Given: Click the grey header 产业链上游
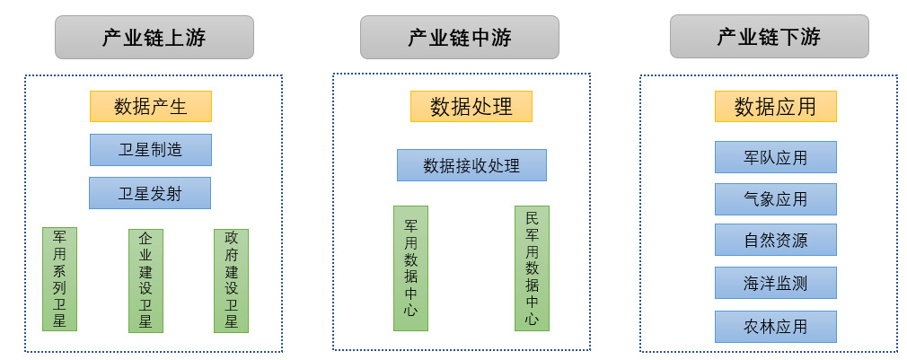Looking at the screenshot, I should pyautogui.click(x=154, y=38).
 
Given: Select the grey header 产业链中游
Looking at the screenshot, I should pyautogui.click(x=459, y=38).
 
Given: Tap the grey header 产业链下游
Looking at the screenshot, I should pyautogui.click(x=769, y=38).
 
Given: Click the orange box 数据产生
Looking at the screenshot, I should pyautogui.click(x=150, y=107).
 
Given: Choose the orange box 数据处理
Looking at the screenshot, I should pyautogui.click(x=471, y=107).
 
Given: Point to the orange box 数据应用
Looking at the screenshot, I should pyautogui.click(x=775, y=107).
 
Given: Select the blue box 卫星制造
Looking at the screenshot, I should pyautogui.click(x=150, y=150).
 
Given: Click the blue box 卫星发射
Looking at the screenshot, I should pyautogui.click(x=150, y=193).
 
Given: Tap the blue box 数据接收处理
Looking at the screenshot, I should pyautogui.click(x=471, y=165).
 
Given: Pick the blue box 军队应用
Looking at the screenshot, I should pyautogui.click(x=775, y=157).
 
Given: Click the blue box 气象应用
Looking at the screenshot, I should pyautogui.click(x=775, y=199).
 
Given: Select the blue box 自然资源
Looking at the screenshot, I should pyautogui.click(x=775, y=241).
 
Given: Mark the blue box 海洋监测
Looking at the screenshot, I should pyautogui.click(x=775, y=283).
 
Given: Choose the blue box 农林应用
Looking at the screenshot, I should pyautogui.click(x=775, y=326).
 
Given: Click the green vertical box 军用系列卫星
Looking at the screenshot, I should pyautogui.click(x=59, y=279).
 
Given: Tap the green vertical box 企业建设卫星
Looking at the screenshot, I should pyautogui.click(x=145, y=280).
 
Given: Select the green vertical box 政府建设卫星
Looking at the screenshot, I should pyautogui.click(x=231, y=280).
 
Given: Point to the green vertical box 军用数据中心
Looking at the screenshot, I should pyautogui.click(x=410, y=268).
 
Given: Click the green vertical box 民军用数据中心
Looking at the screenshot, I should pyautogui.click(x=532, y=268).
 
